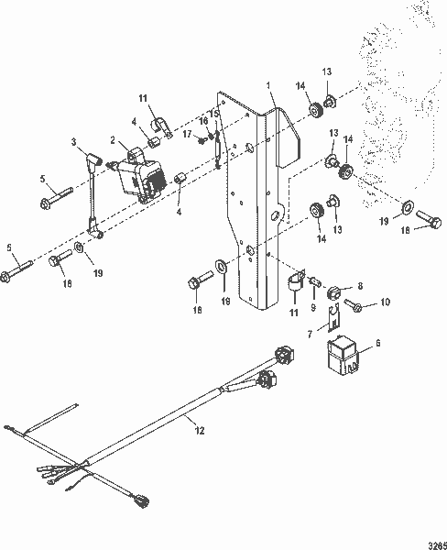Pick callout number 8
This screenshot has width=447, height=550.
[x=360, y=286]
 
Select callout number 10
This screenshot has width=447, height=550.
[x=385, y=301]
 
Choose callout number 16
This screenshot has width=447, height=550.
[x=203, y=120]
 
